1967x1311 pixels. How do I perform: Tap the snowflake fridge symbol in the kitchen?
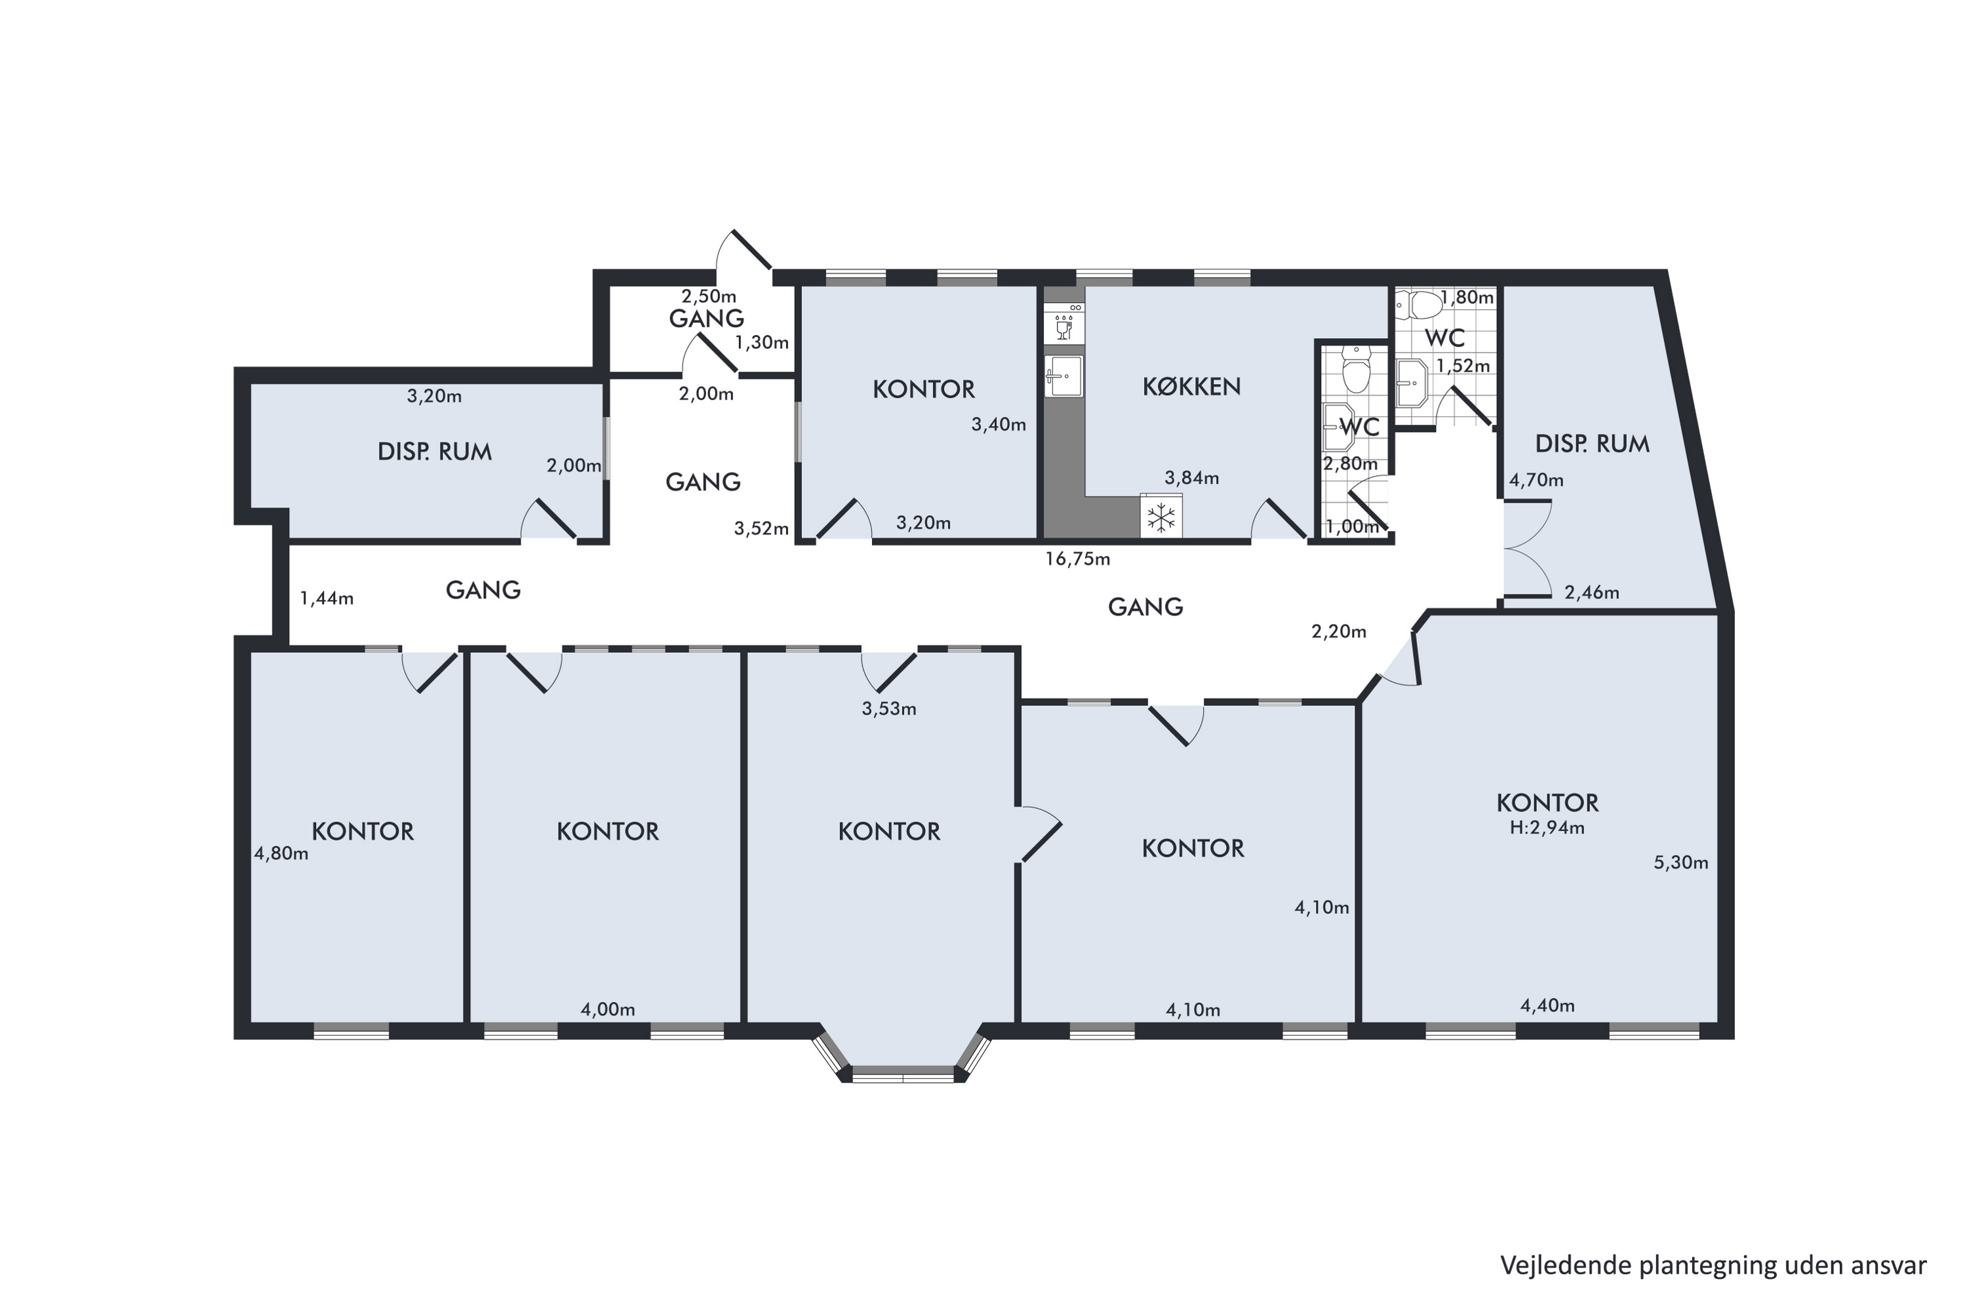pos(1161,519)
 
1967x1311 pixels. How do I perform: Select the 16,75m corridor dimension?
pos(1077,559)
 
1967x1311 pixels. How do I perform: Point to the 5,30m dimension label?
pos(1681,862)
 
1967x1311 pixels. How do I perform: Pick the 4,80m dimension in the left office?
pos(281,853)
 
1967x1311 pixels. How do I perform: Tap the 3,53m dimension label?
pos(889,709)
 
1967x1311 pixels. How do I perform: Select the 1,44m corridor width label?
pos(326,598)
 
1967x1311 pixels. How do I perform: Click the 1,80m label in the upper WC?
pos(1467,298)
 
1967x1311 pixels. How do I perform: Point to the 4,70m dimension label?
pos(1536,480)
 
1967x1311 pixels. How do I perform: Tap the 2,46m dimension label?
pos(1591,593)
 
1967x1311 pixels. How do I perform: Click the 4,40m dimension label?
pos(1547,1006)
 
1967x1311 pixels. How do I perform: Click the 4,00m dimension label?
pos(608,1009)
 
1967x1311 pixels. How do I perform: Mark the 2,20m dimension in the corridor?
pos(1339,632)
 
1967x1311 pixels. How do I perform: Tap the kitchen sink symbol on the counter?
pos(1063,376)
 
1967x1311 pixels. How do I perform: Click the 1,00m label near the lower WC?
pos(1352,527)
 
